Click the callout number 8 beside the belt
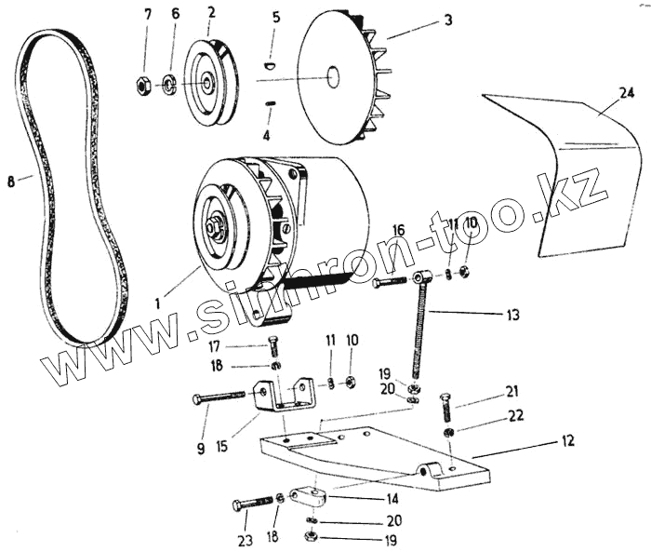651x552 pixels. click(x=11, y=182)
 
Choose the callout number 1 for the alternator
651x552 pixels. click(x=159, y=303)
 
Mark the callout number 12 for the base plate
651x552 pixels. click(x=568, y=438)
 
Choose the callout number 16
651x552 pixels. click(x=397, y=230)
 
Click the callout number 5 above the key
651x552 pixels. click(x=276, y=17)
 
